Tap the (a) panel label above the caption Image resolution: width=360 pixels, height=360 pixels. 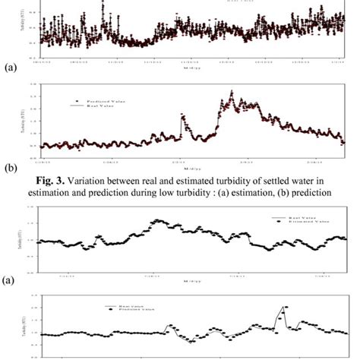10,68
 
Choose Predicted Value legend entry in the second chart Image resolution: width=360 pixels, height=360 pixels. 107,99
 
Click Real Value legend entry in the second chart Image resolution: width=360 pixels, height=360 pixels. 103,106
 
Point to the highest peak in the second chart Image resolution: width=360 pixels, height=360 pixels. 232,93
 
